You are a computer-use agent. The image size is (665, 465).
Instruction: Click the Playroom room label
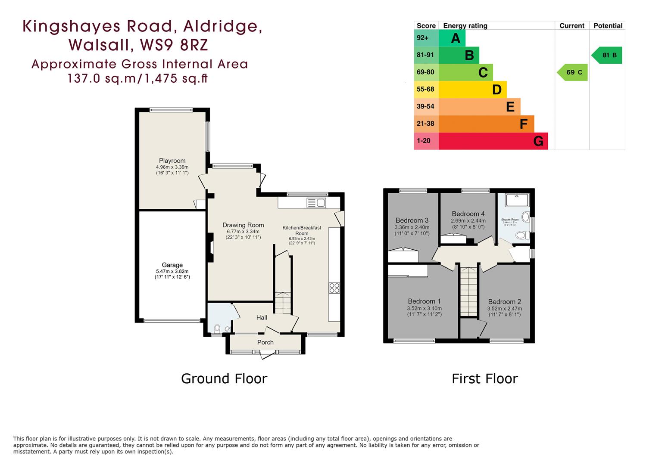[172, 161]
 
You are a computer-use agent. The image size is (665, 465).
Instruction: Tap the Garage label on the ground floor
[172, 265]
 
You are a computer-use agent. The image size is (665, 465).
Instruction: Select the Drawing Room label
[243, 225]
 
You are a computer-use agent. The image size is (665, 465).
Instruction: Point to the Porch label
[265, 342]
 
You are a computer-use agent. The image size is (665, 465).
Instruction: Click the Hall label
[262, 318]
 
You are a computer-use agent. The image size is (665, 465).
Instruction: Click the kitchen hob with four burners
[334, 288]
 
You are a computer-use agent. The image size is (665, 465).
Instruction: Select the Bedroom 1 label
[424, 301]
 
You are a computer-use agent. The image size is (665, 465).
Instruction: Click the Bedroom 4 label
[468, 214]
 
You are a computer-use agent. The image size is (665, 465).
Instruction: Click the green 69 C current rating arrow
[572, 72]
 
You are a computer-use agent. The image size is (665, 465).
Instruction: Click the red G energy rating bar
[493, 141]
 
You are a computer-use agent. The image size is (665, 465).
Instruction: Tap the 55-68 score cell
[426, 90]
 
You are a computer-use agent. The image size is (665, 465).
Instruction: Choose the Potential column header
[608, 26]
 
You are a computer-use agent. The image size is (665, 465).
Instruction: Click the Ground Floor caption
[224, 378]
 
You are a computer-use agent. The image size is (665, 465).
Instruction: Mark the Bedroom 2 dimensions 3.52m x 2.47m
[504, 309]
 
